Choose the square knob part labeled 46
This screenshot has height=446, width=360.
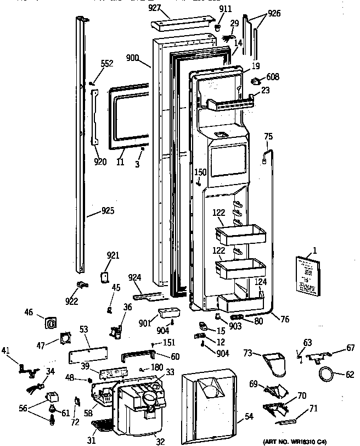point(50,322)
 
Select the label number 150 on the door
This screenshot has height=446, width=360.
point(201,172)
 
